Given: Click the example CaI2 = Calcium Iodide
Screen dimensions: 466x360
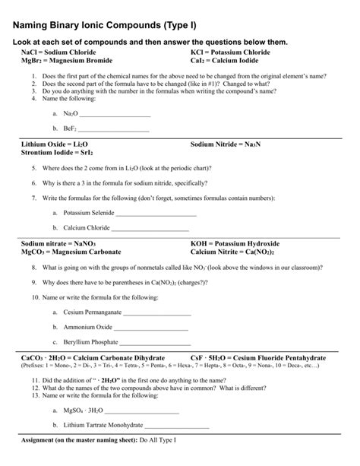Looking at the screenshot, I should click(x=225, y=60).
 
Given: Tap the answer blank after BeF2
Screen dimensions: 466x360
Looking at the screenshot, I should click(x=113, y=130).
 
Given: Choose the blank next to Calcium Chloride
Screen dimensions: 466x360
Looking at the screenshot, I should click(x=150, y=228).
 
